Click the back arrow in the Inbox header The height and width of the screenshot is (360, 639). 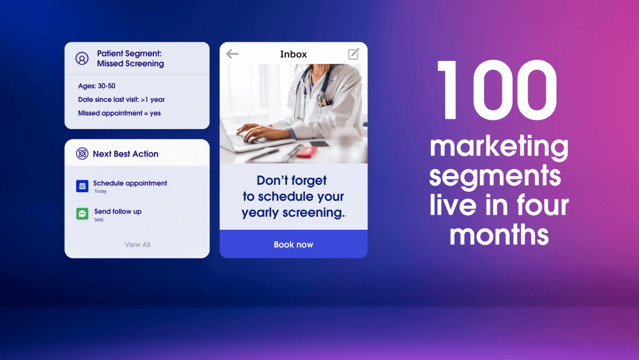point(232,54)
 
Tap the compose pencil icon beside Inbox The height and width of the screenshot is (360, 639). point(353,54)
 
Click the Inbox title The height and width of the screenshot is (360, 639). point(293,54)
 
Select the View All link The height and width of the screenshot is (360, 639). point(138,245)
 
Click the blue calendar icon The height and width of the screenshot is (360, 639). point(82,186)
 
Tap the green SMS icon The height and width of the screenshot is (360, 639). point(82,214)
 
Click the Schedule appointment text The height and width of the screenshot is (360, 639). point(130,183)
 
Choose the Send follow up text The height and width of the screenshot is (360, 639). point(118,211)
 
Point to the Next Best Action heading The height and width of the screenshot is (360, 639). point(126,154)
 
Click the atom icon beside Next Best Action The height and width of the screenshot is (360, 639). point(82,154)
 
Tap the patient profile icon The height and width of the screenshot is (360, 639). point(82,59)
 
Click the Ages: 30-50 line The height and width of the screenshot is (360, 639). point(97,86)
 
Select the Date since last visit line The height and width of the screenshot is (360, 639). point(121,99)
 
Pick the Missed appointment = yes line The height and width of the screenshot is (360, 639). point(119,113)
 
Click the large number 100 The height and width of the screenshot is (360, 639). point(497,89)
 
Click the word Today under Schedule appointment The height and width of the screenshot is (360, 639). point(100,191)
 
